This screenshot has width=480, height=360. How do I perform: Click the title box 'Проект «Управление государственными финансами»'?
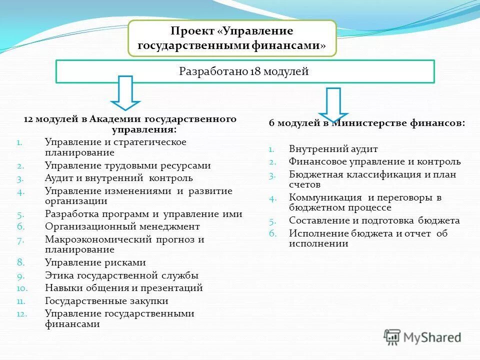pyautogui.click(x=232, y=38)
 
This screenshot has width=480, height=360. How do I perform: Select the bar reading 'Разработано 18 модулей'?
pyautogui.click(x=244, y=71)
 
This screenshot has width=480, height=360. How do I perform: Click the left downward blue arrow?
pyautogui.click(x=125, y=92)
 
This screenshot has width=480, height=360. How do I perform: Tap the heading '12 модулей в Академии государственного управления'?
pyautogui.click(x=130, y=124)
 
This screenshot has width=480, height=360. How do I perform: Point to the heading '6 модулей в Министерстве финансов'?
pyautogui.click(x=367, y=123)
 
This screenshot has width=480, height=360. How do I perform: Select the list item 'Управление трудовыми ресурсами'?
pyautogui.click(x=127, y=165)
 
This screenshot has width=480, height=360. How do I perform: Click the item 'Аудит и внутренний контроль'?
pyautogui.click(x=118, y=178)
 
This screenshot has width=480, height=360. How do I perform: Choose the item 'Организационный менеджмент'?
pyautogui.click(x=122, y=226)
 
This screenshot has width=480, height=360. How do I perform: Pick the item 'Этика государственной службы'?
pyautogui.click(x=121, y=275)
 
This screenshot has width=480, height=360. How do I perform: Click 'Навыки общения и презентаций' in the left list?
pyautogui.click(x=123, y=288)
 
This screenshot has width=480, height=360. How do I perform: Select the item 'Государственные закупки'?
pyautogui.click(x=106, y=301)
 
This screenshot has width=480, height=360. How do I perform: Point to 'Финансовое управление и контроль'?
pyautogui.click(x=374, y=161)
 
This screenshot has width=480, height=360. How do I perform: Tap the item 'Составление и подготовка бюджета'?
pyautogui.click(x=374, y=220)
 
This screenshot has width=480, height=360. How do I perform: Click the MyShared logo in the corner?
pyautogui.click(x=422, y=337)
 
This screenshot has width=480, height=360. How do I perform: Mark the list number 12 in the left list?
pyautogui.click(x=20, y=313)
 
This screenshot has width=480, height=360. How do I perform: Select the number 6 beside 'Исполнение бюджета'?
pyautogui.click(x=272, y=233)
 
